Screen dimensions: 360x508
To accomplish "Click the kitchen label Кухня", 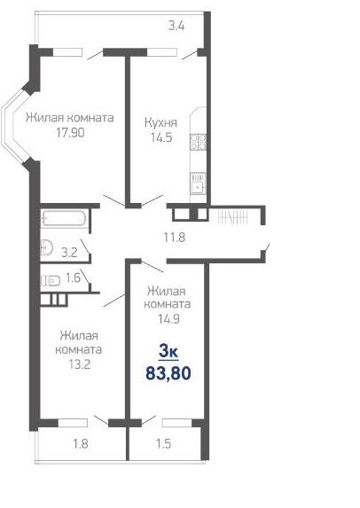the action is tap(160, 123).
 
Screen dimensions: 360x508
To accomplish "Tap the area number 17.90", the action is tap(70, 132).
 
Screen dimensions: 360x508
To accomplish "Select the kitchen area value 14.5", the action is tap(161, 137).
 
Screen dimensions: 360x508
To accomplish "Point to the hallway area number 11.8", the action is tap(175, 238).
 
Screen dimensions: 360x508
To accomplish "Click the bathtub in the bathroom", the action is tap(65, 218).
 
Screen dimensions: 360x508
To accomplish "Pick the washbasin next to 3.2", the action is tap(47, 248).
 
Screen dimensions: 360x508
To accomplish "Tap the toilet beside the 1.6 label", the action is tap(51, 280).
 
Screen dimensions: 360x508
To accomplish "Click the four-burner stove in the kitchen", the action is tap(199, 143).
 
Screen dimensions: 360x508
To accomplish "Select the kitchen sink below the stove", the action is tap(198, 184).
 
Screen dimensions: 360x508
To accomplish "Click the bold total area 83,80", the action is tap(168, 373).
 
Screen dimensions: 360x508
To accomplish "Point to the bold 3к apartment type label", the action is tap(168, 352).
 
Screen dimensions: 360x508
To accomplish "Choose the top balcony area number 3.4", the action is tap(176, 26).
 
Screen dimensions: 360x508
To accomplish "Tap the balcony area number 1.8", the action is tap(80, 443).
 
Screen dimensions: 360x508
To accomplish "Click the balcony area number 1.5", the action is tap(163, 443).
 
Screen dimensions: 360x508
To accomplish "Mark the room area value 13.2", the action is tap(80, 364).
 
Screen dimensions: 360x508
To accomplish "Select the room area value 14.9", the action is tap(168, 319).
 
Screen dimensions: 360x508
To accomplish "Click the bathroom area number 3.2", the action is tap(69, 253).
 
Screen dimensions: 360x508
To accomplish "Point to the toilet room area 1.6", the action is tap(73, 277).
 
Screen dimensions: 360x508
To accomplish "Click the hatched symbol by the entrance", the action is tap(233, 216).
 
